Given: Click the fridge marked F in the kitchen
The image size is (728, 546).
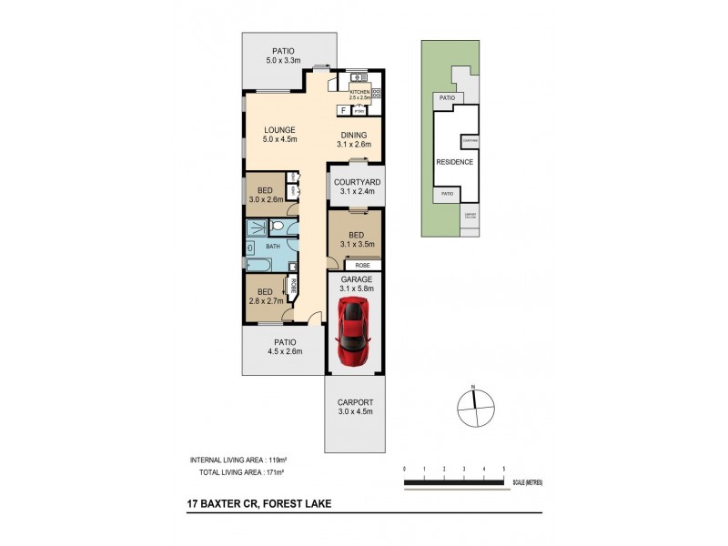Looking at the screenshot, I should pyautogui.click(x=343, y=111).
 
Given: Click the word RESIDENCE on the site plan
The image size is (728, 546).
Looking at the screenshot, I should pyautogui.click(x=454, y=162).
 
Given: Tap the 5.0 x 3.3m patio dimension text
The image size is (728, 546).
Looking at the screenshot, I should pyautogui.click(x=288, y=61).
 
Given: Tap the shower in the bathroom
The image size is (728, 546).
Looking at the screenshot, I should pyautogui.click(x=258, y=227).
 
